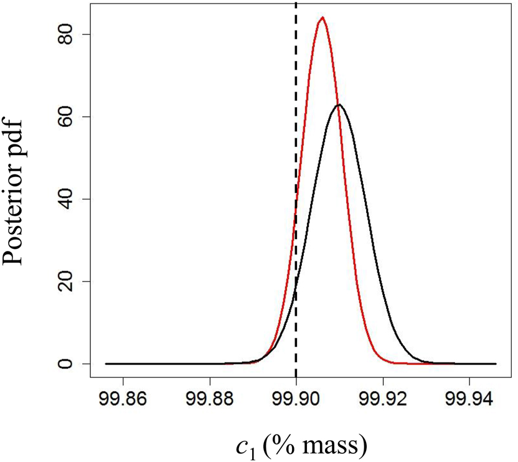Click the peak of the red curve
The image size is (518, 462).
(x=322, y=18)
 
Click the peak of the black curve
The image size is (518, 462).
(x=338, y=105)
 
